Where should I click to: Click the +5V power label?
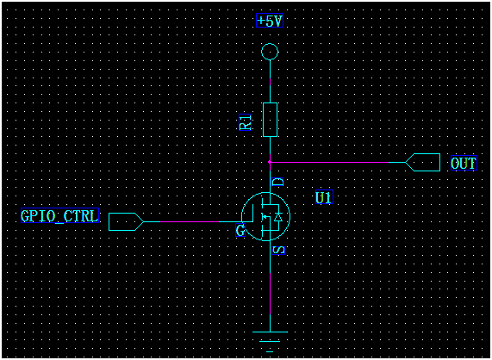[x=270, y=21]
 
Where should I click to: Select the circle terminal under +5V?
[x=270, y=52]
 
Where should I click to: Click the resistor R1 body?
[x=270, y=119]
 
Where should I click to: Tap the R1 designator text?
[x=246, y=121]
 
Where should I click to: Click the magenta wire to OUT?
[x=336, y=161]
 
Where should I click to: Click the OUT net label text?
[x=464, y=163]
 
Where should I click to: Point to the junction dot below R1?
[x=270, y=161]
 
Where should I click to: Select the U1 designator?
[x=324, y=197]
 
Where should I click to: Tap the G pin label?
[x=241, y=232]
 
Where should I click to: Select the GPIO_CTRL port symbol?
[x=125, y=221]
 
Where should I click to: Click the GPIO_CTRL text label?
[x=60, y=215]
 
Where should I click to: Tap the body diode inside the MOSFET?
[x=277, y=219]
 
